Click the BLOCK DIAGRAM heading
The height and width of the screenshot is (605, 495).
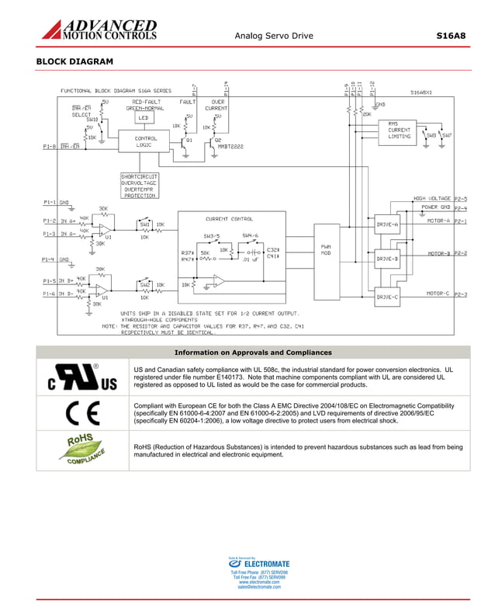pyautogui.click(x=74, y=61)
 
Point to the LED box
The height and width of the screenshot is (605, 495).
pyautogui.click(x=143, y=118)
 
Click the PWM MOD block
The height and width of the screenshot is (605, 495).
pyautogui.click(x=326, y=249)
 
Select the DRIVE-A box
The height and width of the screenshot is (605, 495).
pyautogui.click(x=387, y=224)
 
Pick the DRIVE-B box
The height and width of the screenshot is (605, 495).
pyautogui.click(x=387, y=259)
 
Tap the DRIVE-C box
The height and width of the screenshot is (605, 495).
pyautogui.click(x=387, y=297)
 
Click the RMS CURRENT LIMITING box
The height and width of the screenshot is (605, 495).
pyautogui.click(x=399, y=130)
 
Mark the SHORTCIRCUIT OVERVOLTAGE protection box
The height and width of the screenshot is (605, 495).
pyautogui.click(x=140, y=186)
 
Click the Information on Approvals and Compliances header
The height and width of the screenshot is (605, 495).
pyautogui.click(x=265, y=352)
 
